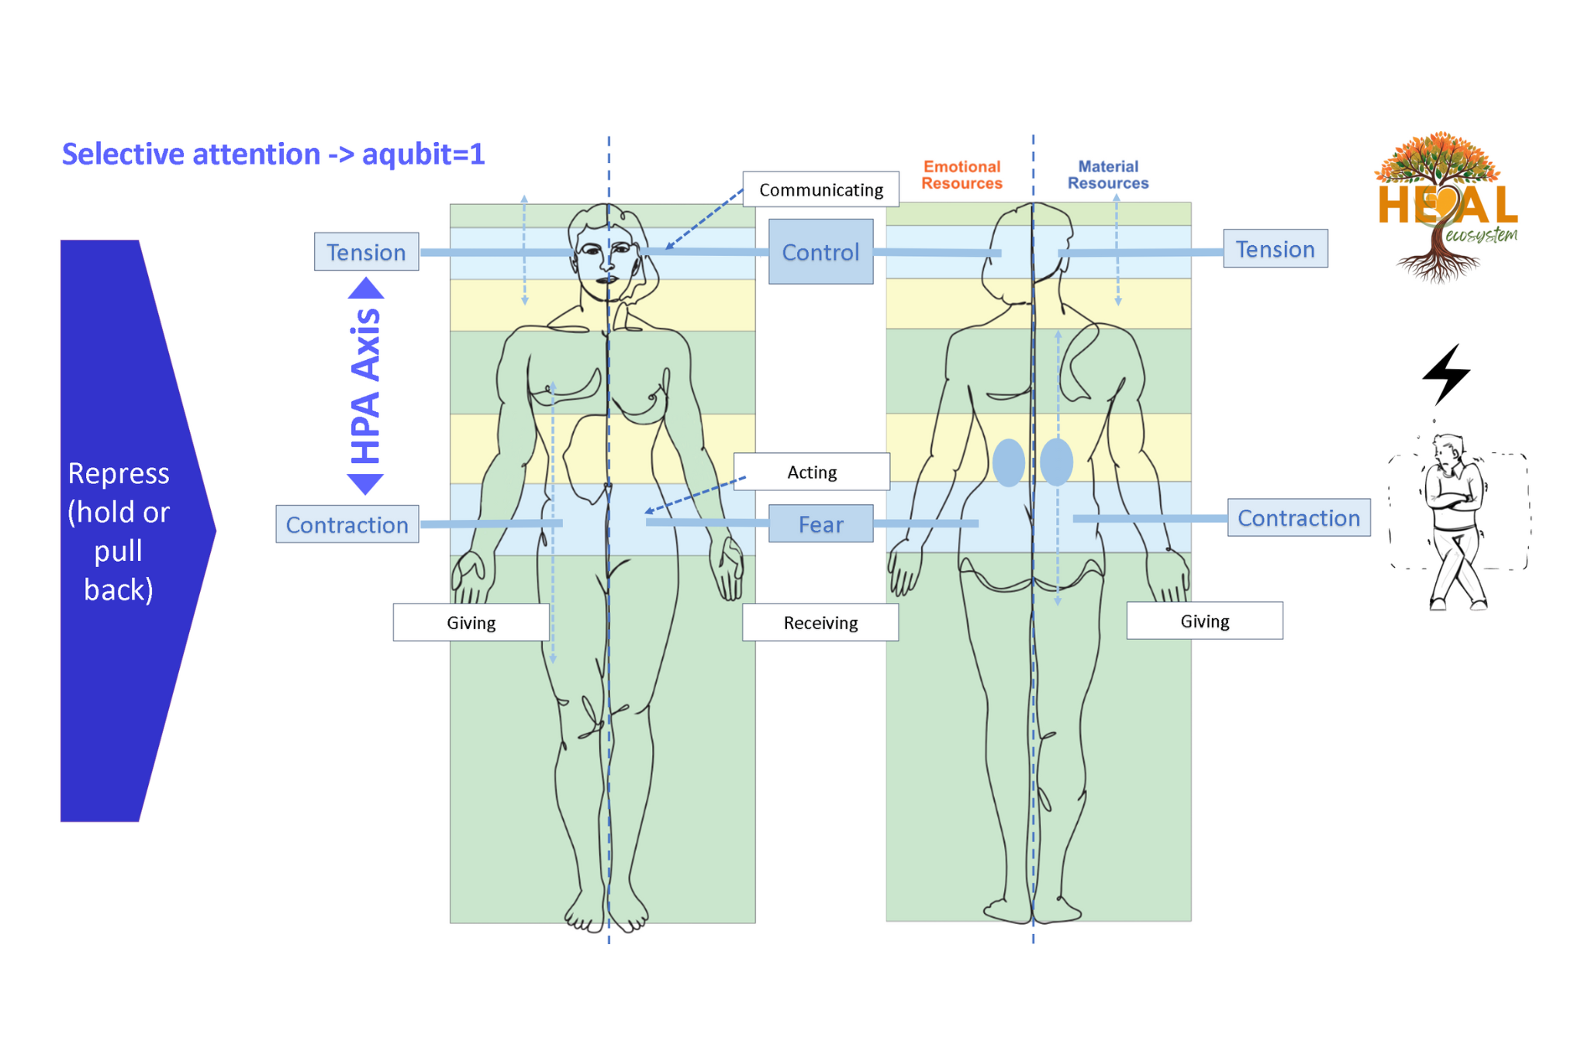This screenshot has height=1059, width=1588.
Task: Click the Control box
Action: click(820, 251)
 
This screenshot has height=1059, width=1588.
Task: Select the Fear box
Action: click(820, 524)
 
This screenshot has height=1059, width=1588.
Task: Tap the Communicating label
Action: click(820, 189)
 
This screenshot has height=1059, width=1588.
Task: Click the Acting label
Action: click(812, 472)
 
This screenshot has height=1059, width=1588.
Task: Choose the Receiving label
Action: click(820, 622)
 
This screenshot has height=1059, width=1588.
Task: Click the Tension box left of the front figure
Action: click(366, 251)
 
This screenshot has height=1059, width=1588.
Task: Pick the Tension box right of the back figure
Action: click(1275, 248)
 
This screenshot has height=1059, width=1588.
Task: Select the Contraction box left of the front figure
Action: click(347, 524)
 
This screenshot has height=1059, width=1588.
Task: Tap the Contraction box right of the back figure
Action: click(1299, 517)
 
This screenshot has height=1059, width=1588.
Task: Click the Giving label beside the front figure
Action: click(471, 622)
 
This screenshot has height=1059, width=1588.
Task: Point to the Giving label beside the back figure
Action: click(1204, 621)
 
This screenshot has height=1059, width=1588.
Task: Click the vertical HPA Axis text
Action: click(365, 386)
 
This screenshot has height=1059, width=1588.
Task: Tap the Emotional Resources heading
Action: click(961, 175)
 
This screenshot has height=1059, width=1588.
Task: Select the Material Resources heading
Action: click(1108, 175)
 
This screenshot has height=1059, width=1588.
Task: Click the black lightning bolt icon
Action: click(1447, 374)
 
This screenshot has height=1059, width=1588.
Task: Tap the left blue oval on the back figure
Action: click(1008, 463)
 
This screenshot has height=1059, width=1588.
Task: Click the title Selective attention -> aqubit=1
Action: click(273, 154)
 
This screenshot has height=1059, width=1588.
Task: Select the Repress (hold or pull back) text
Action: click(118, 531)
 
